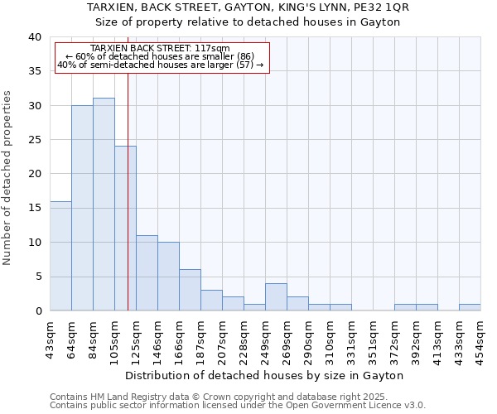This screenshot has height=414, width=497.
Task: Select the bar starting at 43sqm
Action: click(60, 256)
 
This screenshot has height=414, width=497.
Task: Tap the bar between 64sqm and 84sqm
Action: click(82, 208)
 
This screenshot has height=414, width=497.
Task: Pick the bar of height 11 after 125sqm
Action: click(147, 273)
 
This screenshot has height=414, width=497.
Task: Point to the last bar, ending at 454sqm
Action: click(470, 307)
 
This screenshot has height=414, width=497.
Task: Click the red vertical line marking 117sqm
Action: click(128, 190)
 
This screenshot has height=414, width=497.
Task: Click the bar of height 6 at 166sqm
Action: click(190, 290)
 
